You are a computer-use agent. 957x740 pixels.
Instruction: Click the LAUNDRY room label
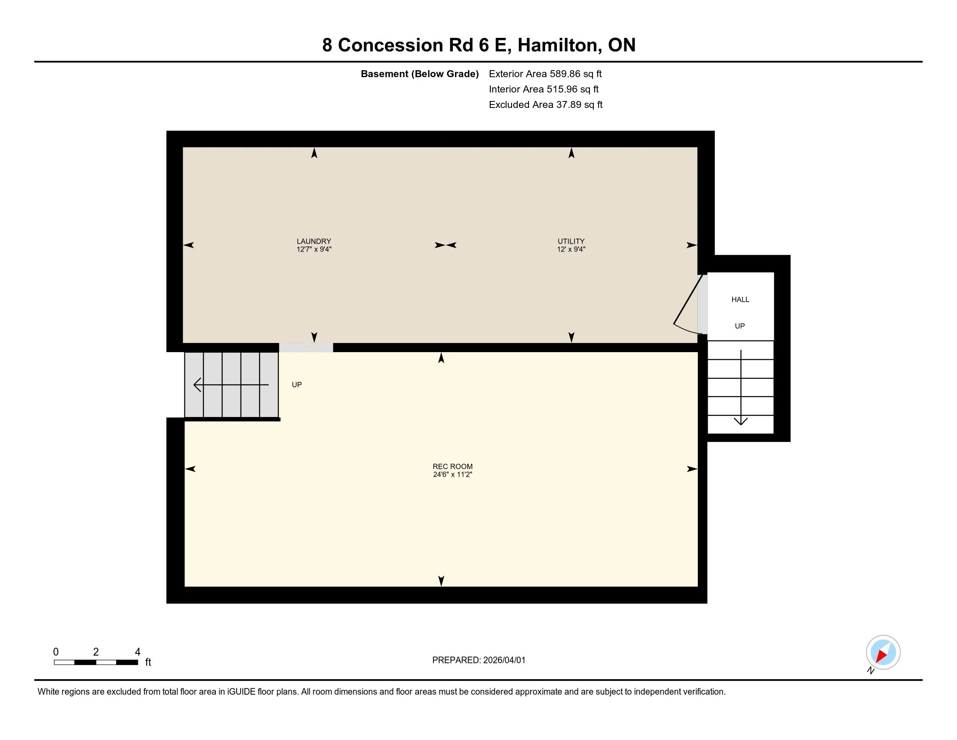click(314, 241)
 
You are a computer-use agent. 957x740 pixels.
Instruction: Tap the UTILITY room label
click(571, 241)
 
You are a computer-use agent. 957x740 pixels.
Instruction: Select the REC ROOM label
click(452, 467)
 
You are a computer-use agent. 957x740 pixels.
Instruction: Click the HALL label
click(740, 299)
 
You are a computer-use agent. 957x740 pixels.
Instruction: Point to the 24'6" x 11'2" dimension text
click(452, 474)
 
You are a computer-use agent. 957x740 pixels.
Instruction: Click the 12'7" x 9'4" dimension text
click(314, 249)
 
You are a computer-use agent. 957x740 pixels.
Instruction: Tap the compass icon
click(883, 653)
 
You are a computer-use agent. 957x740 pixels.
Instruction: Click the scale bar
click(96, 662)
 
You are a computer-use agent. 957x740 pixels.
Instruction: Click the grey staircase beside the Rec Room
click(231, 385)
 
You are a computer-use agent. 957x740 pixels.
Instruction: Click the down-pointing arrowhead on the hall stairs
click(740, 421)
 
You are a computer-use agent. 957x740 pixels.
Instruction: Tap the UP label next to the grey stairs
click(297, 385)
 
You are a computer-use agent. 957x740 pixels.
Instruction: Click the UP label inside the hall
click(739, 326)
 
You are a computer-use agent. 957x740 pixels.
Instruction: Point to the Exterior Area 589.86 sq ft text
click(545, 74)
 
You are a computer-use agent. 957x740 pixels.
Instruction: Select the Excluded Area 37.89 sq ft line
click(545, 104)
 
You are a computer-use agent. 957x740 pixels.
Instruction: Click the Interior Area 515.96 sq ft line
click(543, 89)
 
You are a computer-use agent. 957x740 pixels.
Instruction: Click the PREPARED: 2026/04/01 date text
click(478, 660)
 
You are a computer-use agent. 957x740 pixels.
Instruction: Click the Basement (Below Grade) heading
click(419, 74)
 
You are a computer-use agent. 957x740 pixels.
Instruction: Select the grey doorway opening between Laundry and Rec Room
click(306, 348)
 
